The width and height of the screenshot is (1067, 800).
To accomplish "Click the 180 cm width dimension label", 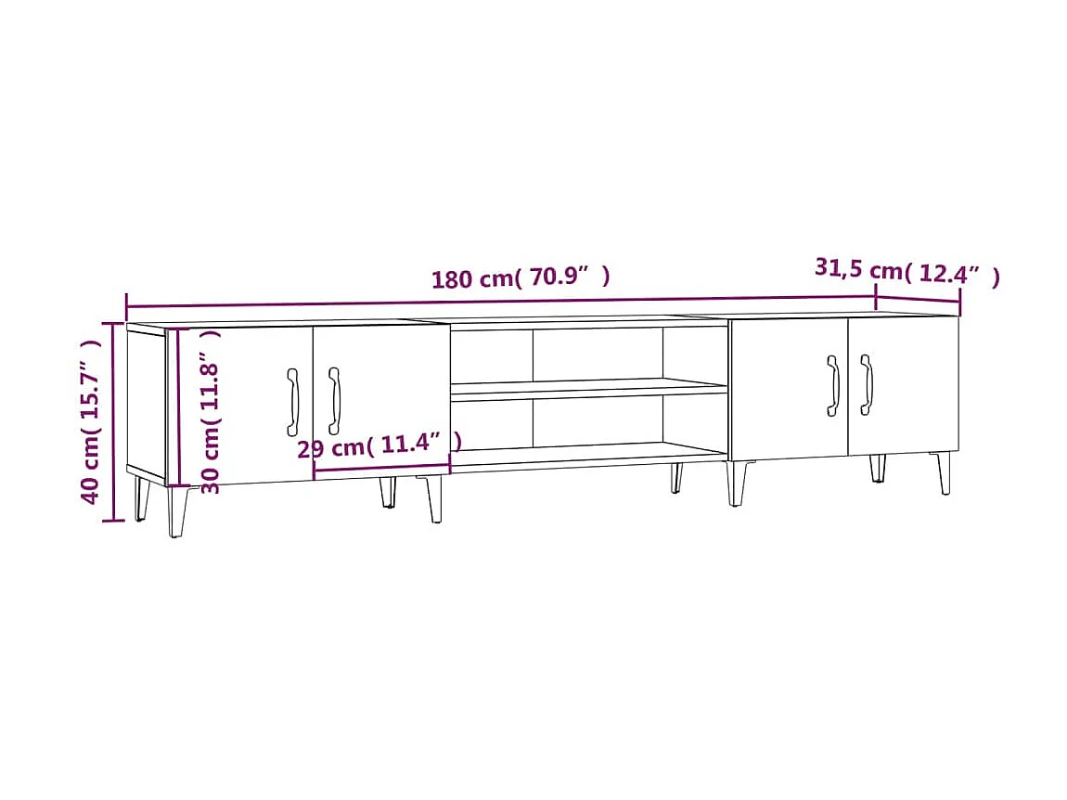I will [521, 277].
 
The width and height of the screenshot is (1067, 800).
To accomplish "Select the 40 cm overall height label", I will [91, 420].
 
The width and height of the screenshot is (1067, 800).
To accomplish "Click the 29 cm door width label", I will [379, 446].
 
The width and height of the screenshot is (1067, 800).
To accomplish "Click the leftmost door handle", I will [293, 401].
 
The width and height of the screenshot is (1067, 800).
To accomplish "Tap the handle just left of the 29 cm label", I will [334, 400].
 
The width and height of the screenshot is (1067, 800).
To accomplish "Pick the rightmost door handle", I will [867, 384].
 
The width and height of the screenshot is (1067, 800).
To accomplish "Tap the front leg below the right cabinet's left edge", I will [737, 484].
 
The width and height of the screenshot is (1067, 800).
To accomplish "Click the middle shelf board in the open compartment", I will [588, 389].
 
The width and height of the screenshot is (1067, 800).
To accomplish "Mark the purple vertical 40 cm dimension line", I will [113, 421].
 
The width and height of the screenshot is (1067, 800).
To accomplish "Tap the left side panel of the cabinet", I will [146, 402].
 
